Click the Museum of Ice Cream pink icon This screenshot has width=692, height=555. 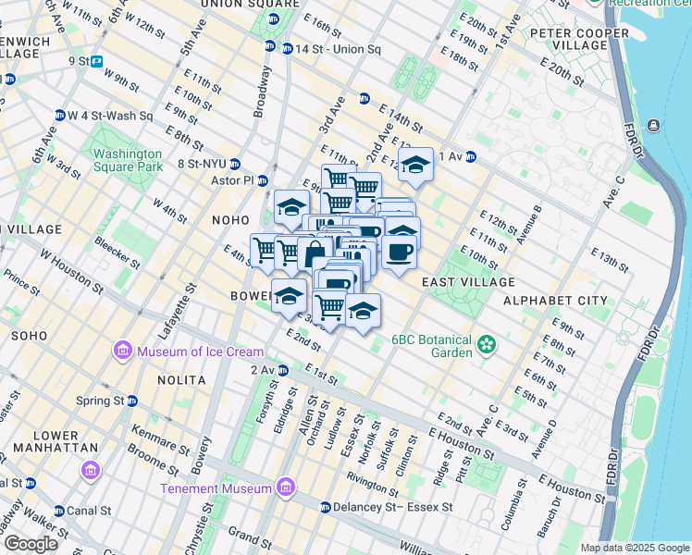pyautogui.click(x=122, y=351)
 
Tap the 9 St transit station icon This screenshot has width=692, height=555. pyautogui.click(x=96, y=62)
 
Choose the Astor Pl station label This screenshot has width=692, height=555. pyautogui.click(x=232, y=180)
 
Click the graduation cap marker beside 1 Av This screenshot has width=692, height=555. pyautogui.click(x=415, y=166)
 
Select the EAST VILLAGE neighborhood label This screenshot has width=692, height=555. pyautogui.click(x=468, y=281)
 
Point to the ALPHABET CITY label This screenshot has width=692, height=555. pyautogui.click(x=555, y=301)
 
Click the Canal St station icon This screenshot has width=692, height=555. pyautogui.click(x=59, y=511)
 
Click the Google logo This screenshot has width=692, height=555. pyautogui.click(x=30, y=544)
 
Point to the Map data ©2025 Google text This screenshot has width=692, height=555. pyautogui.click(x=634, y=548)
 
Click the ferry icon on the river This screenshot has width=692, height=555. pyautogui.click(x=655, y=125)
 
